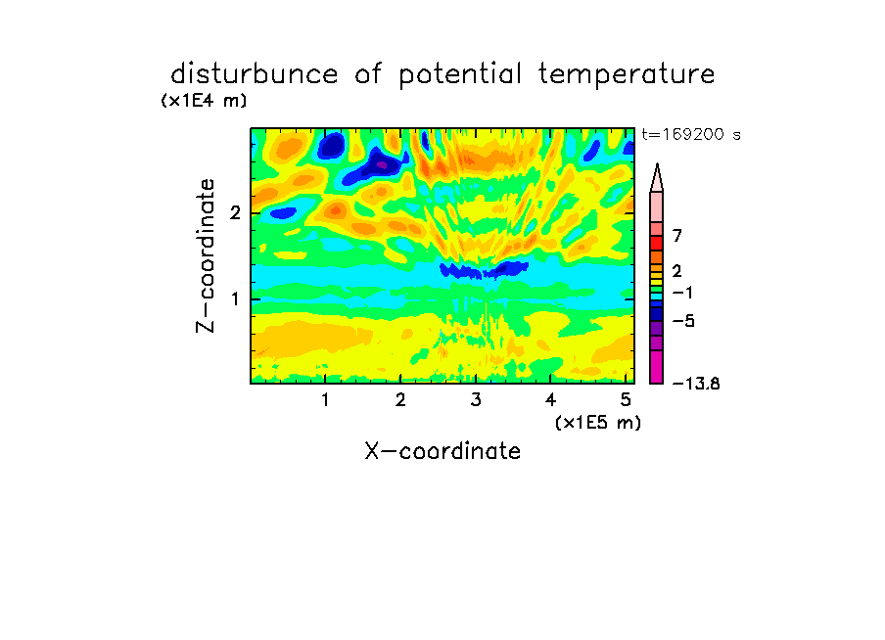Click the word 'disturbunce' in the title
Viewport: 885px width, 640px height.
(255, 74)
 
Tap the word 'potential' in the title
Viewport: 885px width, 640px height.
(459, 75)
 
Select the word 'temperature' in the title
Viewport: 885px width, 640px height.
(627, 75)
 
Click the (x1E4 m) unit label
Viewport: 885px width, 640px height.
(204, 101)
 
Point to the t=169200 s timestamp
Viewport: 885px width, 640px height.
(691, 134)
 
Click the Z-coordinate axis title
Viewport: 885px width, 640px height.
(206, 255)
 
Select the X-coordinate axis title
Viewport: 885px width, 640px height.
(442, 451)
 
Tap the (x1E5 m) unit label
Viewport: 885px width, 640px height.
(598, 423)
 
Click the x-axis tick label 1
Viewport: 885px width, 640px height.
(326, 400)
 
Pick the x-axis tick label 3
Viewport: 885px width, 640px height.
(476, 400)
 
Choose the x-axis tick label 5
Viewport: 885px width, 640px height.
(626, 400)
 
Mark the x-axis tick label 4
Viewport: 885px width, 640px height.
(550, 400)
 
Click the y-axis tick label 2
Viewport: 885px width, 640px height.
(235, 213)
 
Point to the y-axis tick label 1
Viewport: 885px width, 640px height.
(235, 299)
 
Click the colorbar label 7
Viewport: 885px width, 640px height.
(677, 236)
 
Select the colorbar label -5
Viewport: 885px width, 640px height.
(683, 321)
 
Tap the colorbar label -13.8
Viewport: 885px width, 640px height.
(696, 384)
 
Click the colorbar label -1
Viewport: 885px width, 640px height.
(682, 293)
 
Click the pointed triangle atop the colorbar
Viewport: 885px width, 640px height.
(657, 177)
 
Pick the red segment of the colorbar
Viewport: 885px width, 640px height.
(657, 244)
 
